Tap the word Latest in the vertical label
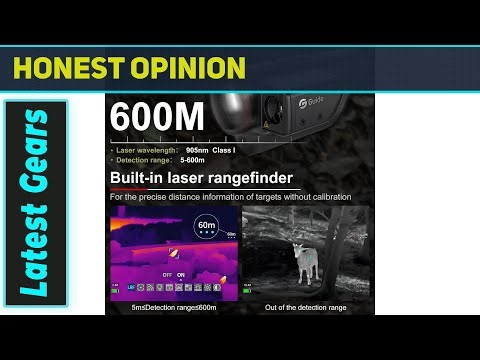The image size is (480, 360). (34, 255)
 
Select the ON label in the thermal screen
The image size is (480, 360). (180, 274)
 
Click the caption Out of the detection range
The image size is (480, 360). (307, 307)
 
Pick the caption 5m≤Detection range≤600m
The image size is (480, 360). (173, 307)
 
